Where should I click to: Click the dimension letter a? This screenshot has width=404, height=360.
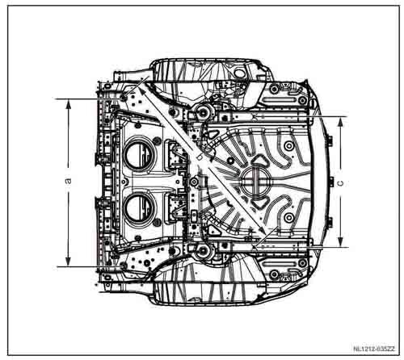[69, 181]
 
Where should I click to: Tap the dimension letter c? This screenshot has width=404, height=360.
[341, 183]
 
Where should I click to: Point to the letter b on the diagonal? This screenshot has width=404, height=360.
[199, 157]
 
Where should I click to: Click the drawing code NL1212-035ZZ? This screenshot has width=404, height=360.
[374, 350]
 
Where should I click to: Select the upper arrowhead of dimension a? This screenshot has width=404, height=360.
[69, 104]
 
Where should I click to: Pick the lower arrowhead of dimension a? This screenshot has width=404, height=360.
[68, 262]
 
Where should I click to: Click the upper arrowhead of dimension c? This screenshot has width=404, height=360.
[341, 122]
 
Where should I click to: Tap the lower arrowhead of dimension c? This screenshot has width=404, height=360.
[341, 241]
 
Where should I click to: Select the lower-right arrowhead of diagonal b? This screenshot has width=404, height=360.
[262, 232]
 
